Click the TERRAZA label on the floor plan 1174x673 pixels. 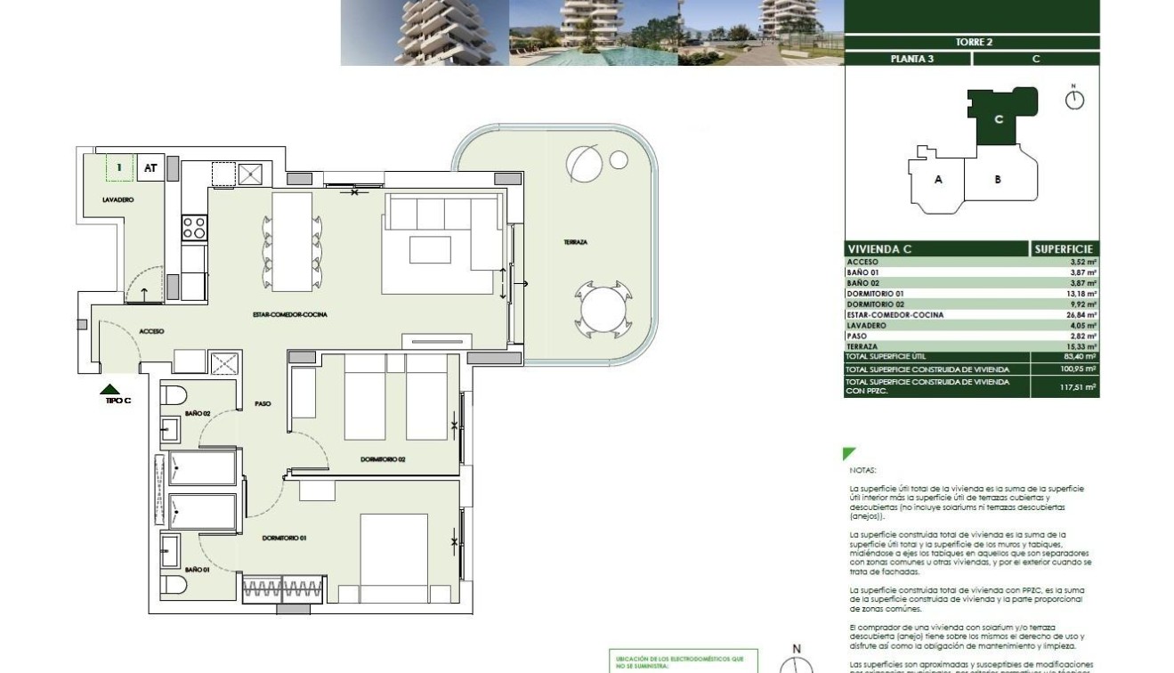(575, 242)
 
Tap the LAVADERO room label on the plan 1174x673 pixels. (117, 200)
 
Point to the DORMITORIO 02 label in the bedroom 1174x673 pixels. (383, 459)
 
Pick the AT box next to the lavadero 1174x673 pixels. (150, 167)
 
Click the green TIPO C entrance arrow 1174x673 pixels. (109, 389)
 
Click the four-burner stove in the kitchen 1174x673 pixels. (194, 228)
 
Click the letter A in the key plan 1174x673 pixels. (938, 179)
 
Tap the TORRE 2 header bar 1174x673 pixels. (973, 42)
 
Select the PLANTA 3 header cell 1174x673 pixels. (906, 59)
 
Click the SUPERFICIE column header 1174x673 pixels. (1065, 249)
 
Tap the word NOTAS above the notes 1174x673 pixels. (863, 470)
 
